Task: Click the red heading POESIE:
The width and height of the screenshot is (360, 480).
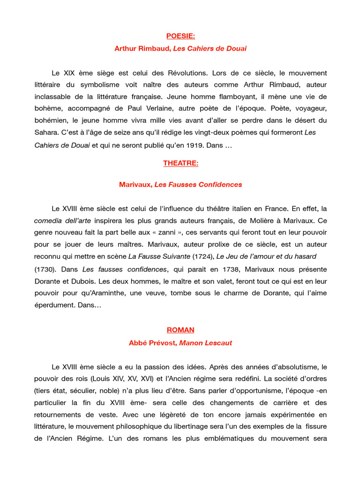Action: (x=180, y=36)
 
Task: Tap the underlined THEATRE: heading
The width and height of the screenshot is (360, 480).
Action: (x=180, y=163)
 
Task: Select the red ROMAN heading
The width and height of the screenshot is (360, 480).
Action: (x=180, y=330)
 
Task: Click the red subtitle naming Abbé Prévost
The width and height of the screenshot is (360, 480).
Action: (x=180, y=343)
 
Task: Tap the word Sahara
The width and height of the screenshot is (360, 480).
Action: (x=45, y=133)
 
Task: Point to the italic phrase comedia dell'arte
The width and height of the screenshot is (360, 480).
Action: (x=62, y=220)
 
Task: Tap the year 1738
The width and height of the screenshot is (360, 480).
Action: (x=229, y=269)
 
